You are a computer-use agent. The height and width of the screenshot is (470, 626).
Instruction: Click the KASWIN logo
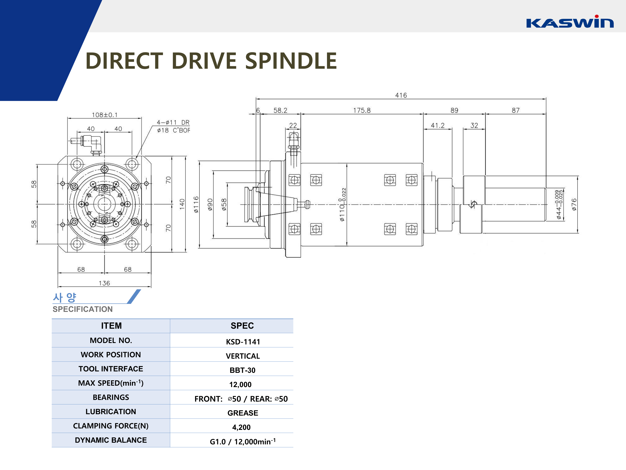569,22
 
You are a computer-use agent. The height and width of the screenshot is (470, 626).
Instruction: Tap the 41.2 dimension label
438,126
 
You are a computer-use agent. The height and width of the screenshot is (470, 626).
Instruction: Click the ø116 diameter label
196,204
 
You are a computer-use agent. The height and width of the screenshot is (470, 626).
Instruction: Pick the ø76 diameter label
574,204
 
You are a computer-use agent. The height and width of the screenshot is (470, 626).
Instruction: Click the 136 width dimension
104,283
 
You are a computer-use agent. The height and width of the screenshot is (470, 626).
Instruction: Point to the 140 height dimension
182,204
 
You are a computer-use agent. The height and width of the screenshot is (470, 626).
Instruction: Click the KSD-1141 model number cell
243,342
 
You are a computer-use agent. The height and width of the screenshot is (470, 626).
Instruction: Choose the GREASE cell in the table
242,413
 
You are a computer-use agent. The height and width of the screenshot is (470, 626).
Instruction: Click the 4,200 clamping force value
241,427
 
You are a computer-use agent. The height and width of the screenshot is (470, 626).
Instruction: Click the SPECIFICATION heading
83,309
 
